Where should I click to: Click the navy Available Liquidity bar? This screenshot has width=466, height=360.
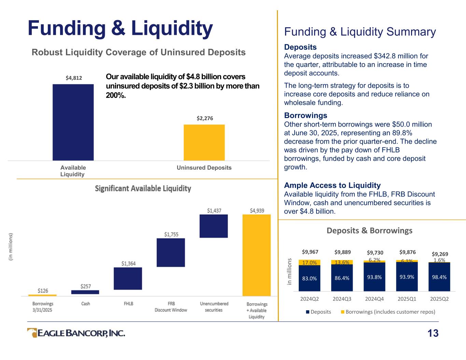coord(73,122)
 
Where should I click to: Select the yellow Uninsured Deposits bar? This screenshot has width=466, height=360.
coord(204,142)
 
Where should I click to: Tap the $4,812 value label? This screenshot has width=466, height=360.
coord(74,78)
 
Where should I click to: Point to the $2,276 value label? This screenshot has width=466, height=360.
coord(205,118)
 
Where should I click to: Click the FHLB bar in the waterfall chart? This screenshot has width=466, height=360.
coord(128,278)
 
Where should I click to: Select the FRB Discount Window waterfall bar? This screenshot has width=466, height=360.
coord(171,253)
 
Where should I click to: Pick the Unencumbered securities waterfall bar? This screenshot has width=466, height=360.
coord(214,226)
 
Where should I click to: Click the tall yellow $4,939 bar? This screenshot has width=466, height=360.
coord(256,255)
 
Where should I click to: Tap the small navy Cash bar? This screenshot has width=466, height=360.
coord(85,292)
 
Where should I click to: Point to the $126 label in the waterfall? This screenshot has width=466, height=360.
coord(43,291)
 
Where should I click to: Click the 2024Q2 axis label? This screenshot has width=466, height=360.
coord(309,299)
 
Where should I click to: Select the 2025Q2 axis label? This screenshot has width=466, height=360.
coord(439,299)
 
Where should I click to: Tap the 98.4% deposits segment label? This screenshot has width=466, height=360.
coord(439,277)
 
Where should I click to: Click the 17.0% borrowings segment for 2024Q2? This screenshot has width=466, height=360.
coord(309,262)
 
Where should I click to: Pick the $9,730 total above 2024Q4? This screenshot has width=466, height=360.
coord(375,253)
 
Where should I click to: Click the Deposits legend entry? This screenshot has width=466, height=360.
coord(319,312)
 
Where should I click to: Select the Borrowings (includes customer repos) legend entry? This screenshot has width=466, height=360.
coord(388,312)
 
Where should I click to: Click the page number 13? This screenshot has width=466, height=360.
coord(433,333)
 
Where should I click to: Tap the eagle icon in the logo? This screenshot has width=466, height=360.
coord(32,333)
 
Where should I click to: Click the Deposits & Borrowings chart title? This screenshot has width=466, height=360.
coord(370,231)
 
